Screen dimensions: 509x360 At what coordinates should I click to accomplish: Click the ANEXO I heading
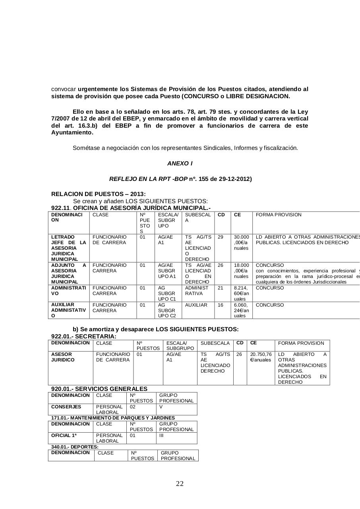[x=180, y=163]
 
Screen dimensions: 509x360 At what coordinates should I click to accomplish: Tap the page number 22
[x=180, y=484]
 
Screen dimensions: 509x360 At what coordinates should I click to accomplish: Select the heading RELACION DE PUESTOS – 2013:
[x=93, y=194]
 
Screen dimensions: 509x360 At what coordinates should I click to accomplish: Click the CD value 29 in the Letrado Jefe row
[x=221, y=237]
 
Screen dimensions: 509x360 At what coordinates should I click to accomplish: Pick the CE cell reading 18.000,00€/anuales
[x=241, y=271]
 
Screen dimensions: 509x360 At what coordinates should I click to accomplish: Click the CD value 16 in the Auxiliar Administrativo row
[x=221, y=305]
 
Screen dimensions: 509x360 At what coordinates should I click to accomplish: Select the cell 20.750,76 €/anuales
[x=261, y=357]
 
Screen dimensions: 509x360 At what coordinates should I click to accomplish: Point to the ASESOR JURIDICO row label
[x=63, y=357]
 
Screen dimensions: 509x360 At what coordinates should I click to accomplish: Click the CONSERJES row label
[x=66, y=407]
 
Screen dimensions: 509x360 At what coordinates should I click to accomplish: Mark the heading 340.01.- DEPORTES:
[x=75, y=447]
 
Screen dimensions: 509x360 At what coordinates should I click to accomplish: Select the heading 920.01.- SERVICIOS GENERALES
[x=99, y=389]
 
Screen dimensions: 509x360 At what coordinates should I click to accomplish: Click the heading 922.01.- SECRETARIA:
[x=84, y=336]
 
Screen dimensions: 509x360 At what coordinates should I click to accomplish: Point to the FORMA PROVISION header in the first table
[x=279, y=215]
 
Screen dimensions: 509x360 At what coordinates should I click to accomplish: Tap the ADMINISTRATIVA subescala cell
[x=197, y=291]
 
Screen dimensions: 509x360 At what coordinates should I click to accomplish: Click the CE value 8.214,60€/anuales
[x=241, y=293]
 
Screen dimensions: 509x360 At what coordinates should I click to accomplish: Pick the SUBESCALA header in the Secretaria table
[x=215, y=343]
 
